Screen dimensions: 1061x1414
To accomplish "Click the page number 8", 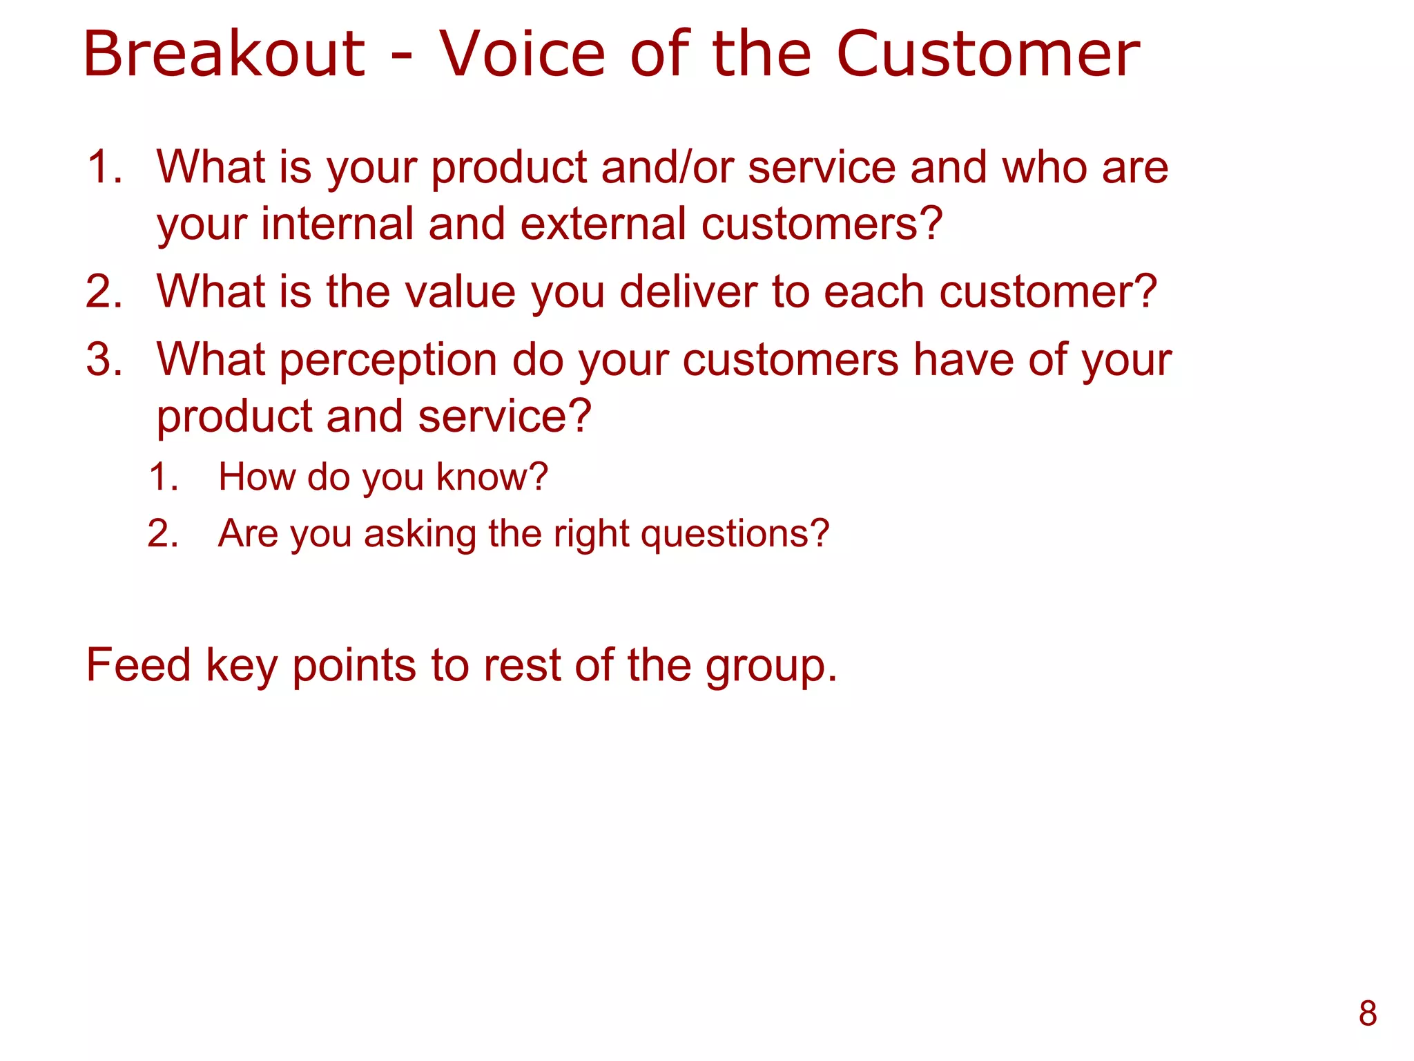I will [x=1368, y=1013].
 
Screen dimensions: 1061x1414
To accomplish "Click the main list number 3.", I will [x=104, y=359].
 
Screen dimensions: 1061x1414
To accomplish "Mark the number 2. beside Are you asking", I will [x=163, y=533].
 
